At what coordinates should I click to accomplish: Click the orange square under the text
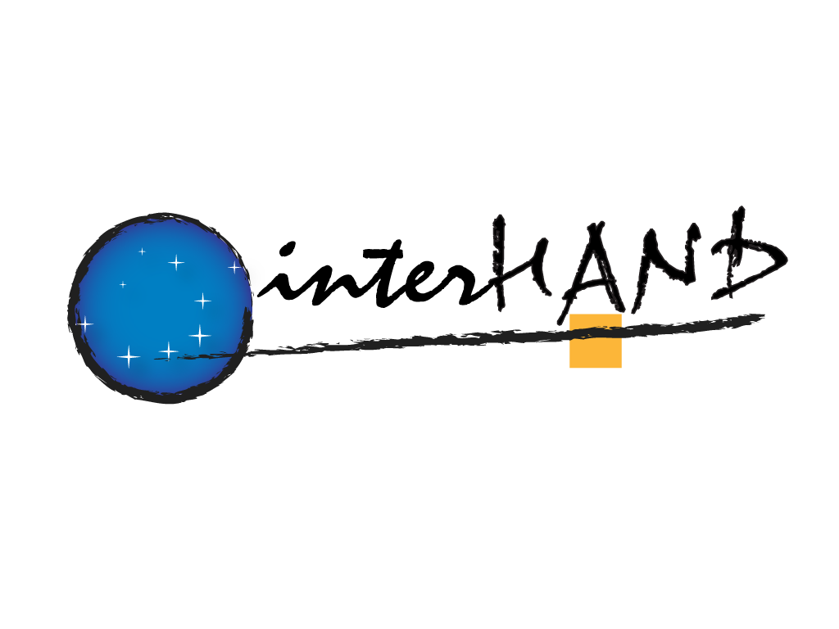(x=596, y=341)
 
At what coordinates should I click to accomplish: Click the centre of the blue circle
(x=161, y=308)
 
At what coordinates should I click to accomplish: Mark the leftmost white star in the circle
(x=84, y=324)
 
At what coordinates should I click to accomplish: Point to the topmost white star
(x=142, y=251)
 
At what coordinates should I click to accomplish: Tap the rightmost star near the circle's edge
(x=234, y=266)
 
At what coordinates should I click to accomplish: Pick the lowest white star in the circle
(x=129, y=356)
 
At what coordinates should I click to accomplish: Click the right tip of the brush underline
(x=764, y=315)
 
